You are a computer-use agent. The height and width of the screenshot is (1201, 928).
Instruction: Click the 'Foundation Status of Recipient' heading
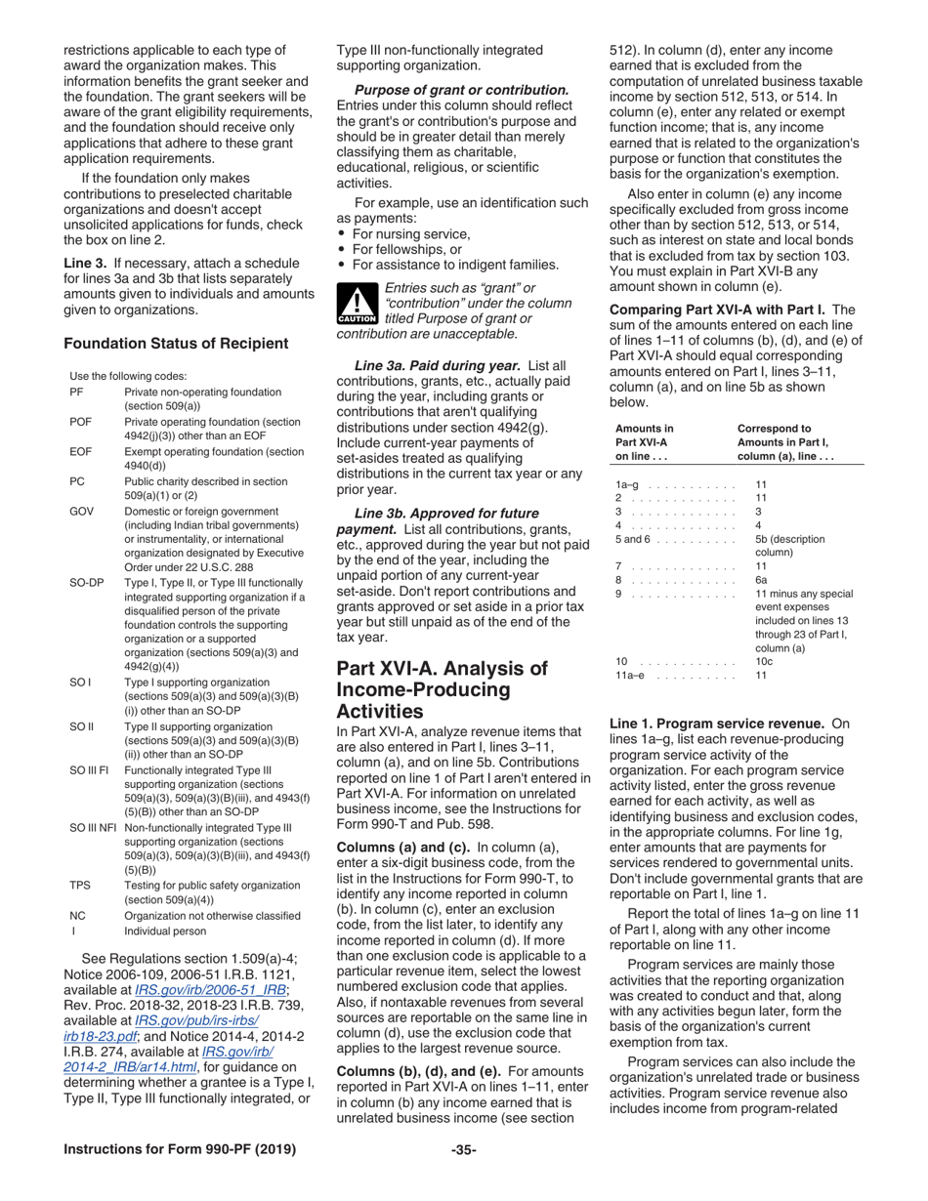pyautogui.click(x=175, y=343)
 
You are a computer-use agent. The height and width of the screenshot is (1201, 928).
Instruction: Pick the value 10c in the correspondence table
pyautogui.click(x=767, y=661)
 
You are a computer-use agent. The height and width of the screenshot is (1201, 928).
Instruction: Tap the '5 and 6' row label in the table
pyautogui.click(x=637, y=539)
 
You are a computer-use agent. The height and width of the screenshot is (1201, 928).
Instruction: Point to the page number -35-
pyautogui.click(x=463, y=1176)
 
